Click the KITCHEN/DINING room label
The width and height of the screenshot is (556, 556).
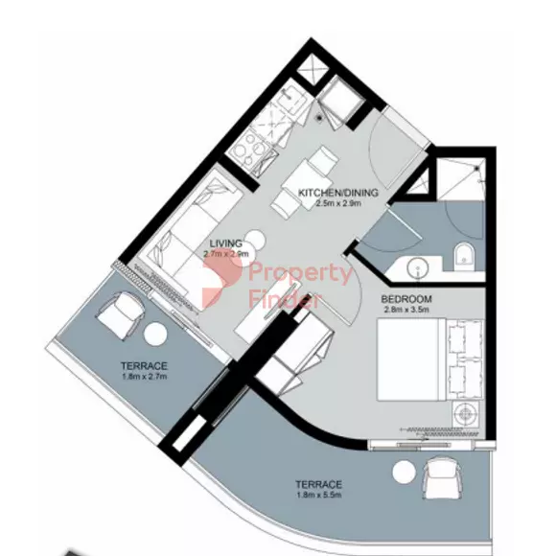[x=338, y=193]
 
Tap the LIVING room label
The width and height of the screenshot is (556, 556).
[x=226, y=243]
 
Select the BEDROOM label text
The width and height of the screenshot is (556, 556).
[x=406, y=299]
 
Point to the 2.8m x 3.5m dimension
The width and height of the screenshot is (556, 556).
[x=406, y=310]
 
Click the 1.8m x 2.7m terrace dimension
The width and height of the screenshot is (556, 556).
[x=144, y=376]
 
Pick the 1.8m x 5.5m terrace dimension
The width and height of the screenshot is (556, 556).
[x=319, y=495]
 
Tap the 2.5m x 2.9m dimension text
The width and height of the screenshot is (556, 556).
[x=338, y=203]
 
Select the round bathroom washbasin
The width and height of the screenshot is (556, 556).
[x=418, y=267]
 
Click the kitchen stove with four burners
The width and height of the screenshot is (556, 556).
[x=253, y=150]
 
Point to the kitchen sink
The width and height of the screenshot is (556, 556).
[x=291, y=98]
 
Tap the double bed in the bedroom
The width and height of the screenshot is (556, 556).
[x=429, y=359]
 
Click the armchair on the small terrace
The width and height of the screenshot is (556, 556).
[x=121, y=315]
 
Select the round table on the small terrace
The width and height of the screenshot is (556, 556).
[x=155, y=334]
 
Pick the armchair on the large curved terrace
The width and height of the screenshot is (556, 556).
[x=443, y=477]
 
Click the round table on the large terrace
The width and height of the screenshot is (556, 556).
[x=404, y=472]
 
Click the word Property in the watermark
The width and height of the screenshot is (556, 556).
[x=300, y=274]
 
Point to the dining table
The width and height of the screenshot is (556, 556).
[x=302, y=183]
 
